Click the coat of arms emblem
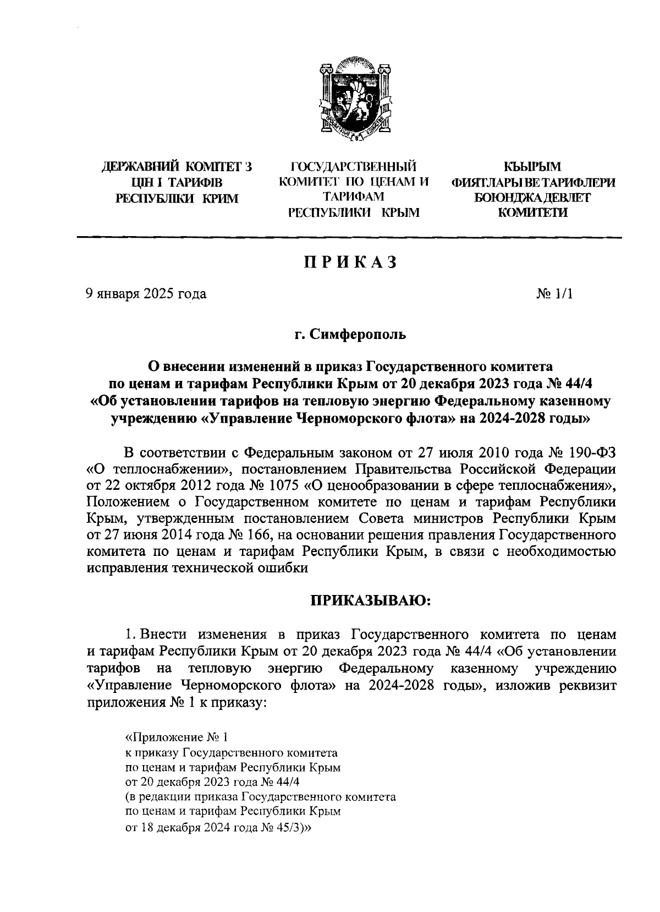[x=354, y=101]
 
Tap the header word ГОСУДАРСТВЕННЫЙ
[x=354, y=167]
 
